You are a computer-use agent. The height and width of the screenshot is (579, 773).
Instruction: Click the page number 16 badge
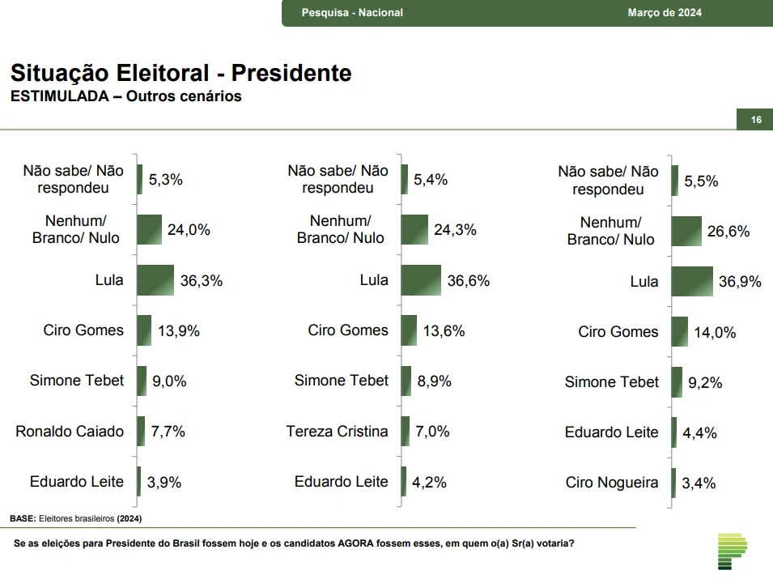click(756, 120)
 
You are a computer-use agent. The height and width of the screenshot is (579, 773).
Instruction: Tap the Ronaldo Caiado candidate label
click(70, 432)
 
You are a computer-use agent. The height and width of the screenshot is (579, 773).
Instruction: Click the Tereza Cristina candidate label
click(337, 432)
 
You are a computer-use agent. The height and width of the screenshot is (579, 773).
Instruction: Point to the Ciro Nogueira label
click(612, 483)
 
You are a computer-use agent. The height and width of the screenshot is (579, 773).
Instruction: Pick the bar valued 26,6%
click(686, 231)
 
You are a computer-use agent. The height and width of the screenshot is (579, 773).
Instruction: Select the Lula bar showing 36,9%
click(692, 281)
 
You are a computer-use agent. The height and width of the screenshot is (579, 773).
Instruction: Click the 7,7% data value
click(168, 432)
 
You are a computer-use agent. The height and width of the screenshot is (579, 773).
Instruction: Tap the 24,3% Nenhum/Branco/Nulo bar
click(415, 230)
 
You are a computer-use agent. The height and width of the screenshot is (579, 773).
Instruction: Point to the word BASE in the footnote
click(22, 517)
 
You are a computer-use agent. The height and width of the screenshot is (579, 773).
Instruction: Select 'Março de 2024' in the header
click(665, 12)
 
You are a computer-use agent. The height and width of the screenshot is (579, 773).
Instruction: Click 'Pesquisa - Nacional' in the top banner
click(352, 12)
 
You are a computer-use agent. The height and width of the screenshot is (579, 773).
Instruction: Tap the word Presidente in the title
click(291, 74)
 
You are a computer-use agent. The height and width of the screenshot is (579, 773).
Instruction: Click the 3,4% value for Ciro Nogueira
click(699, 483)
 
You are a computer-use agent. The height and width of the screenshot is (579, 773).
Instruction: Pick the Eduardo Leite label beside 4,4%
click(612, 432)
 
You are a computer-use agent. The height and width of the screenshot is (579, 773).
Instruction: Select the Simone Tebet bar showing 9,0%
click(142, 381)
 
